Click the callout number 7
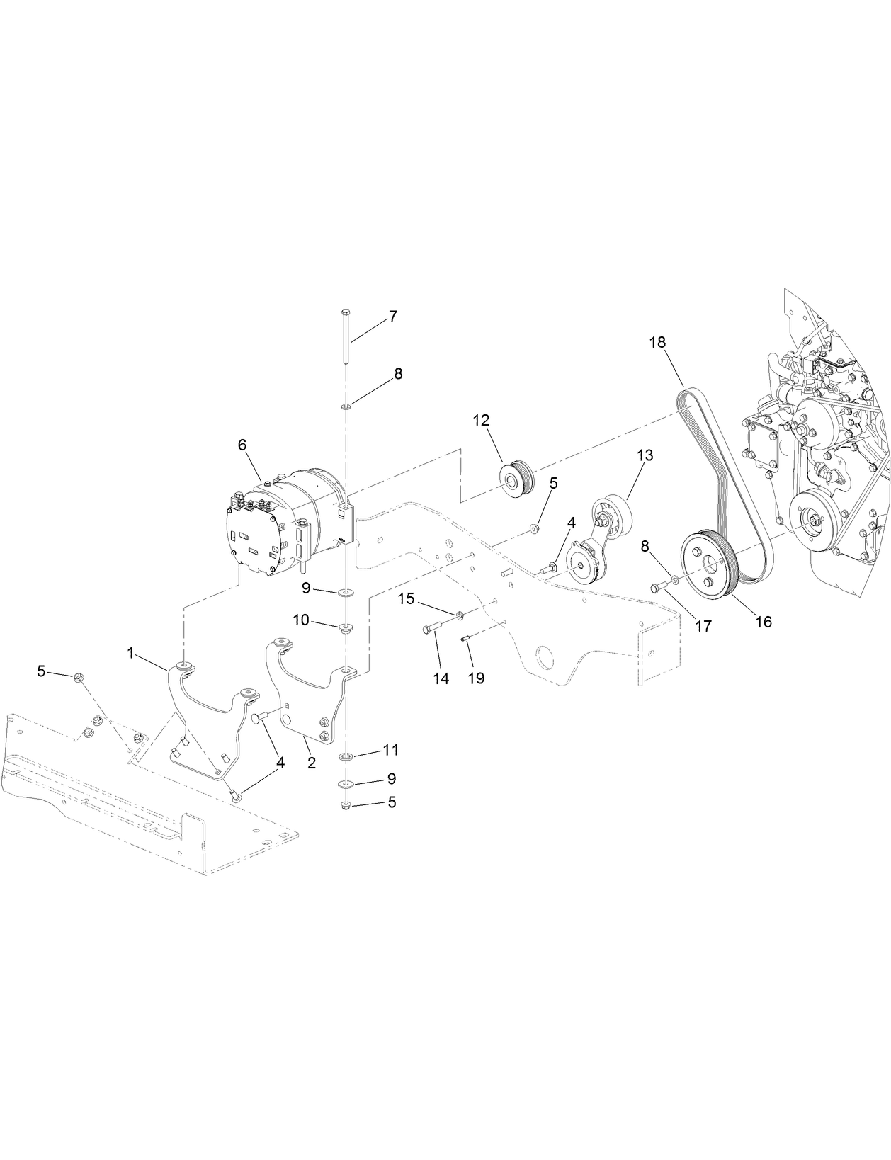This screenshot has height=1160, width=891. point(392,317)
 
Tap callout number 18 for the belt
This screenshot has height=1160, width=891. point(657,342)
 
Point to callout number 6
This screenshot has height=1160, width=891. point(242,445)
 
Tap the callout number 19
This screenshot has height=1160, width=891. point(476,678)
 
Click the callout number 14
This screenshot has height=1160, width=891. point(441,678)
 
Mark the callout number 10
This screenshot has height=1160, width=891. point(301,620)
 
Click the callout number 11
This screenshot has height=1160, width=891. point(391,749)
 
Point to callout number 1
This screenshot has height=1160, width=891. point(130,653)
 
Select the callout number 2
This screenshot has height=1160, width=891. point(311,763)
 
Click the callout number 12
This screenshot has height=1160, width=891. point(482,420)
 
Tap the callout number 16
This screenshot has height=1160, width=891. point(763,622)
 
